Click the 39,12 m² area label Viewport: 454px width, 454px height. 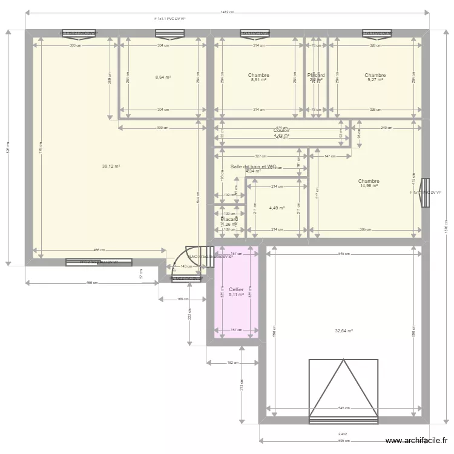111,166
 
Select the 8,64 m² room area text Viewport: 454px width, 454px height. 163,77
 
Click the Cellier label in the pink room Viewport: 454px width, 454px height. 236,290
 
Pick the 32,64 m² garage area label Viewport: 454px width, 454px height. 344,331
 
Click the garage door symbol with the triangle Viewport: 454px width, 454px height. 343,390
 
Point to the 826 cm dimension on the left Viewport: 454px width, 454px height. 8,147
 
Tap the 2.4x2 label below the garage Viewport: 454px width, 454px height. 343,433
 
